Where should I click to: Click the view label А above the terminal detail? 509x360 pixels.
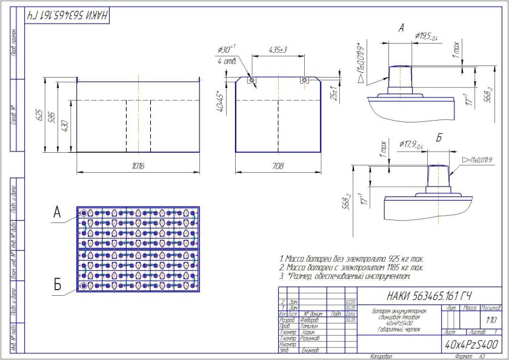coord(401,28)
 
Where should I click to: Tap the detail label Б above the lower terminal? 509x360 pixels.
coord(439,138)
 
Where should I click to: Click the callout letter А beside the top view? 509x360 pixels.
coord(57,213)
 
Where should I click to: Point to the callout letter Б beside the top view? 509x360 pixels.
coord(57,283)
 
